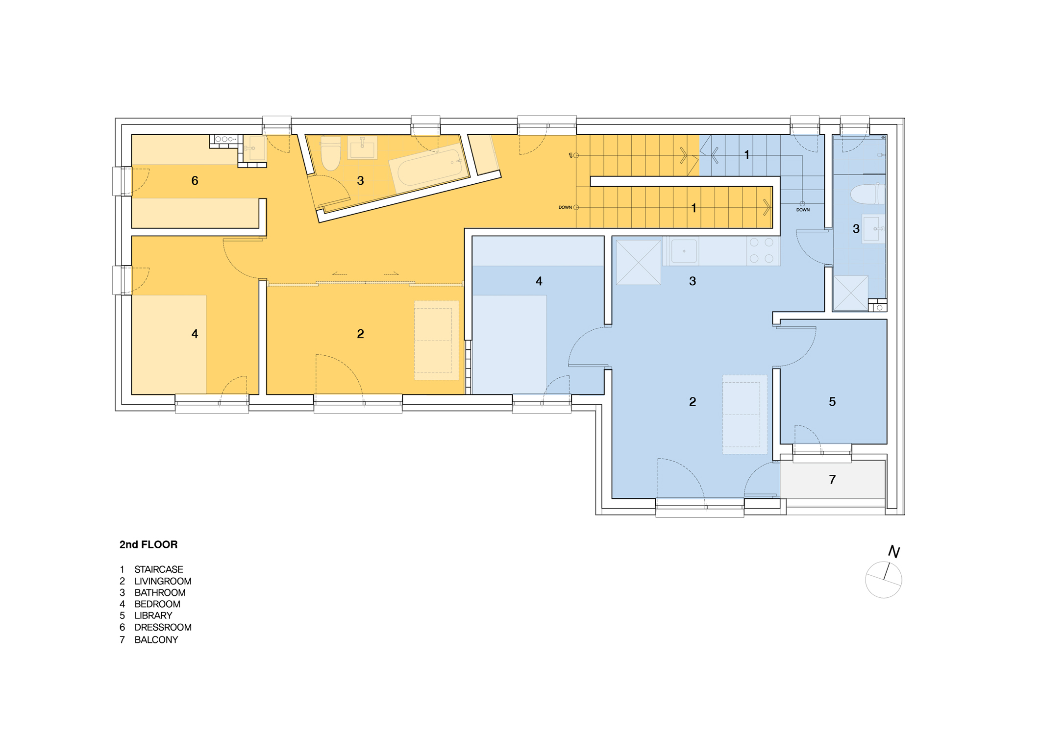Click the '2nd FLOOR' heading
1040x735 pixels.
(149, 544)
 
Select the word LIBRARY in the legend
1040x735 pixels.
(153, 615)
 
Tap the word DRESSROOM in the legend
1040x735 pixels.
(163, 627)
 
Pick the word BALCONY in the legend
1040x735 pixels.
(156, 639)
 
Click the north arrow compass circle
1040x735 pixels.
(883, 580)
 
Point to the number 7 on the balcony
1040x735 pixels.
(832, 480)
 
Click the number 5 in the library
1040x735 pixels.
(832, 402)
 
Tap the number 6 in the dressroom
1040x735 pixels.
(195, 181)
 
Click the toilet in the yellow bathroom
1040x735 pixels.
(331, 154)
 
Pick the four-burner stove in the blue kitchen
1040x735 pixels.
(762, 250)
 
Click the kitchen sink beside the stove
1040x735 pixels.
(684, 251)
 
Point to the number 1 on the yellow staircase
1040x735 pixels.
(693, 208)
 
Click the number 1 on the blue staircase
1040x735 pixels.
(746, 155)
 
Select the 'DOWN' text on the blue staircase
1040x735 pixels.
(803, 210)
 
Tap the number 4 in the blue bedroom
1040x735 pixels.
(539, 281)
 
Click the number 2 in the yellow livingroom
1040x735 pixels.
(360, 334)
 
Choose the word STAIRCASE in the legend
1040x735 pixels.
(159, 569)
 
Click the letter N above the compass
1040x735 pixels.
(894, 552)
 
